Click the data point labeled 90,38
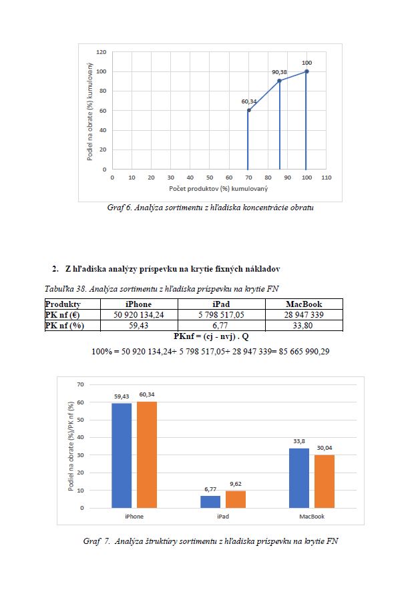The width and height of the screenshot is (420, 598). tap(279, 81)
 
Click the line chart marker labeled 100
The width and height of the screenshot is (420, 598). tap(306, 71)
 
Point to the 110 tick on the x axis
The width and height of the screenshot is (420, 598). tap(327, 178)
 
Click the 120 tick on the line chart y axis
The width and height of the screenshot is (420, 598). tap(101, 52)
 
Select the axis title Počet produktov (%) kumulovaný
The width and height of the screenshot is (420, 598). tap(218, 189)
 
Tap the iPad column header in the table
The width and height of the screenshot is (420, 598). tap(221, 304)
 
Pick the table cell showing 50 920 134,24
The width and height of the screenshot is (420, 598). tap(139, 314)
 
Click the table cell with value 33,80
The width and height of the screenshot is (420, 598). tap(303, 325)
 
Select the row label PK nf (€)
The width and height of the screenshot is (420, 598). tap(62, 314)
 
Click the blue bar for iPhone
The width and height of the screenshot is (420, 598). tap(122, 455)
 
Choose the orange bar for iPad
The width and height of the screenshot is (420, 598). tap(235, 499)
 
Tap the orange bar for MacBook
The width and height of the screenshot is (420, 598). tap(325, 481)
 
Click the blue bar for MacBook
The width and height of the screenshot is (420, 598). tap(299, 479)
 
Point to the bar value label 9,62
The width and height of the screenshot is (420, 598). tap(235, 484)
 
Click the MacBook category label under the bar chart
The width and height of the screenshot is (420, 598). tap(312, 517)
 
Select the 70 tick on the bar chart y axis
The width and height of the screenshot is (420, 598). tap(81, 384)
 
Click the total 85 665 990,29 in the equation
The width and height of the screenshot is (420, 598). tap(304, 352)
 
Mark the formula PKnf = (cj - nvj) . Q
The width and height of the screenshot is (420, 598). tap(211, 336)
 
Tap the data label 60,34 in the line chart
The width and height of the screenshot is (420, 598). tap(248, 101)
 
